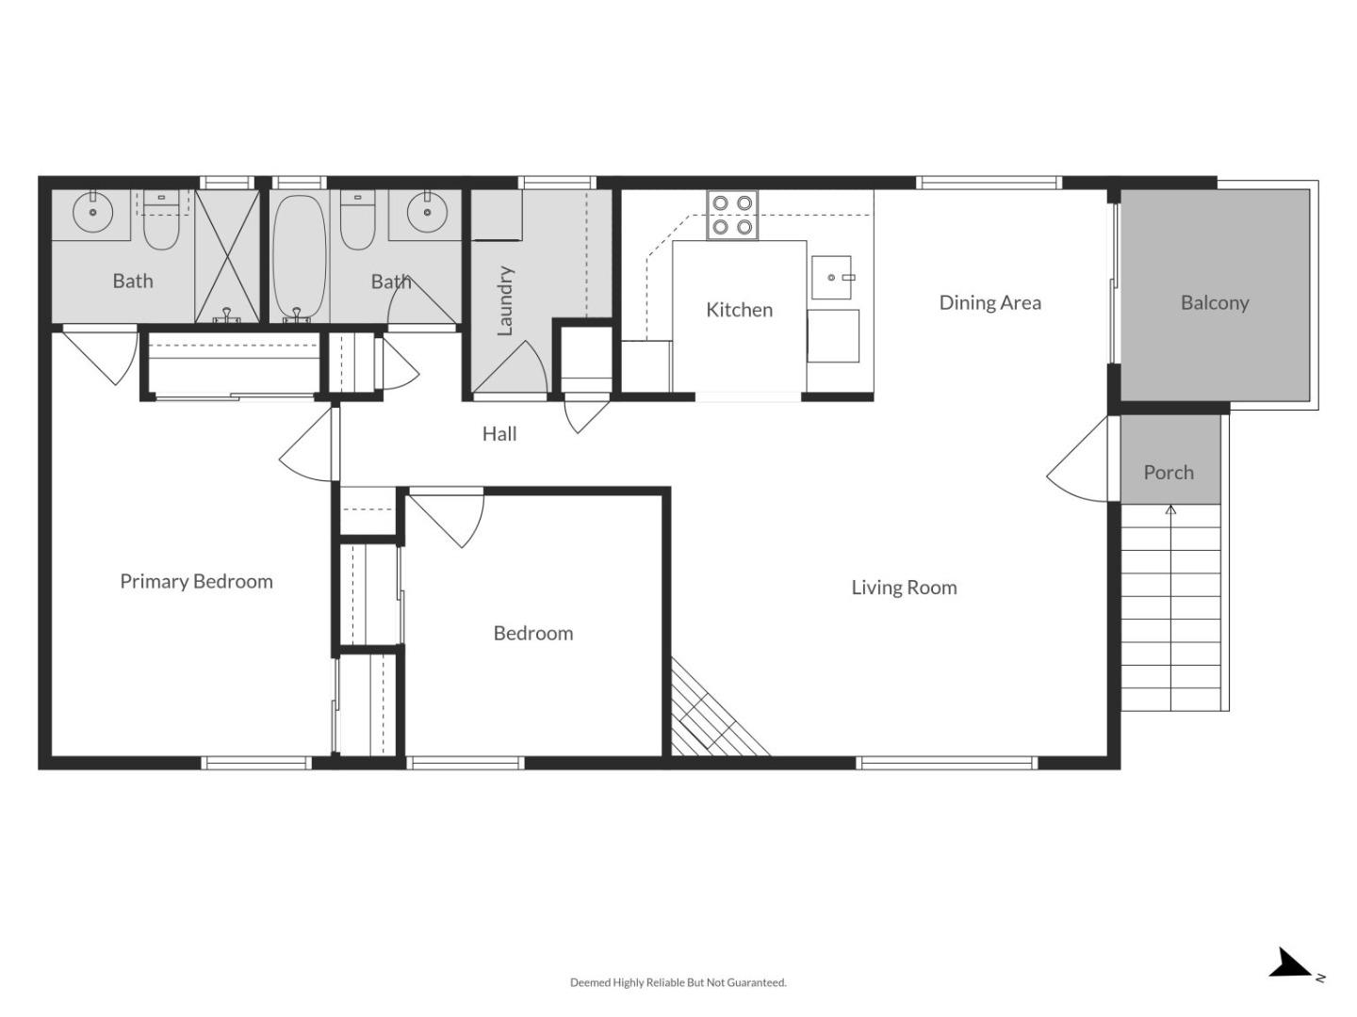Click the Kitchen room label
coord(739,310)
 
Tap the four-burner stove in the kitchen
coord(732,216)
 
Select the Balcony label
coord(1214,303)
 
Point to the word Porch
coord(1169,473)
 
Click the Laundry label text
coord(505,300)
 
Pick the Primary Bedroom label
coord(196,582)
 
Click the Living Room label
coord(904,588)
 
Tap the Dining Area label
coord(989,303)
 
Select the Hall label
coord(499,434)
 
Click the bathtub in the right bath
coord(299,257)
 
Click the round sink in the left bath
coord(93,212)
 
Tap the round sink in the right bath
coord(429,212)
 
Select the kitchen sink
coord(832,278)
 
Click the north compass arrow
coord(1290,964)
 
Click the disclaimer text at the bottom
coord(678,983)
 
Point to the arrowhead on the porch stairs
coord(1171,509)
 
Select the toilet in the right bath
coord(357,222)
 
